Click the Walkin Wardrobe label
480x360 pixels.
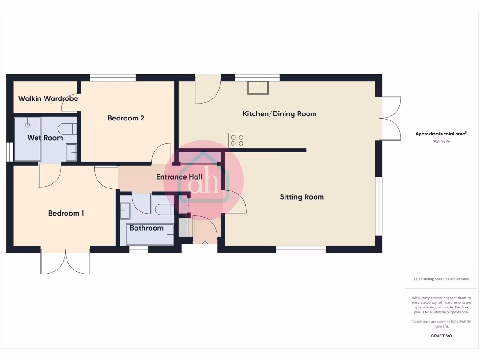pos(48,99)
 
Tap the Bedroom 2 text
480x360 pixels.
pos(126,118)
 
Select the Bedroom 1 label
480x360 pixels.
pos(66,213)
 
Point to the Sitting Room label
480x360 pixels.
pos(302,197)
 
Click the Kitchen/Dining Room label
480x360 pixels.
pos(279,114)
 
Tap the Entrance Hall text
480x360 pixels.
pos(179,177)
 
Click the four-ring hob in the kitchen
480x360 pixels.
pos(237,140)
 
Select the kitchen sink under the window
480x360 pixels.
pos(258,88)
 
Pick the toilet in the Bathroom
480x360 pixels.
pos(164,209)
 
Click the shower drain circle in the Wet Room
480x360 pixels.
pos(27,125)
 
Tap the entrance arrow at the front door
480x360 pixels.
pos(205,243)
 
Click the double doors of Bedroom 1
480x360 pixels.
pos(66,262)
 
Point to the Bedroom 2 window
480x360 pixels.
pos(113,77)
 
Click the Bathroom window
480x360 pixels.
pos(139,250)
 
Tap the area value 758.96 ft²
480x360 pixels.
pos(441,142)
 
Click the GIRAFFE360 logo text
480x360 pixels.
pos(441,336)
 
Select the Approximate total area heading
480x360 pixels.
pos(441,134)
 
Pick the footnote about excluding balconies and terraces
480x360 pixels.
pos(441,279)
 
